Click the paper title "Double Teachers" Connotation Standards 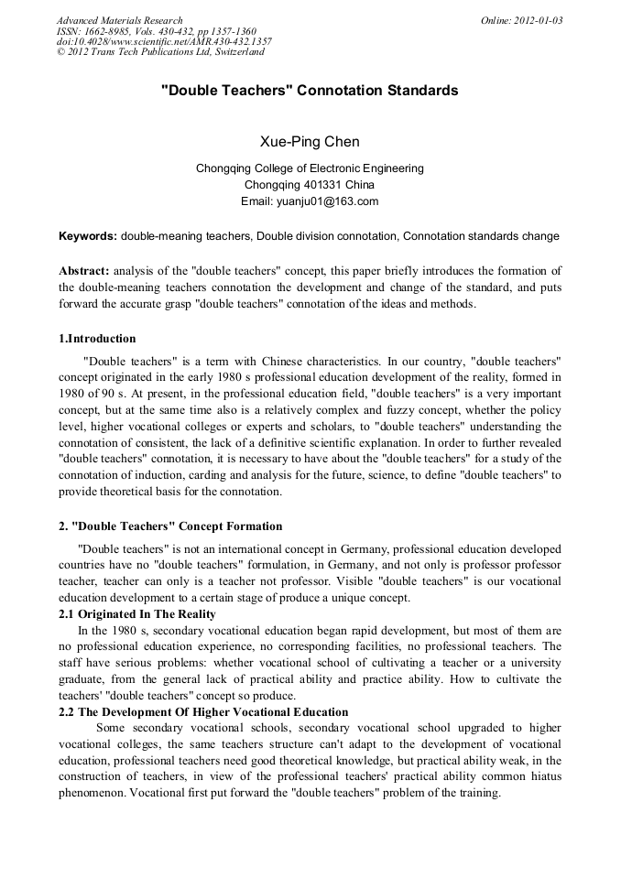click(310, 91)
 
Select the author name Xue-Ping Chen click(310, 142)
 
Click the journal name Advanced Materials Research click(120, 20)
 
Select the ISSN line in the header click(156, 31)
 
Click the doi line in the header click(164, 41)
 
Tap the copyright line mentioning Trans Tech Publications click(160, 52)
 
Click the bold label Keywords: click(88, 236)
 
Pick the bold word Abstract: click(84, 271)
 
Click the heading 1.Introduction click(97, 339)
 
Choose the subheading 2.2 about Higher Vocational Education click(203, 711)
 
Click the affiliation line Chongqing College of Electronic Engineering click(310, 168)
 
